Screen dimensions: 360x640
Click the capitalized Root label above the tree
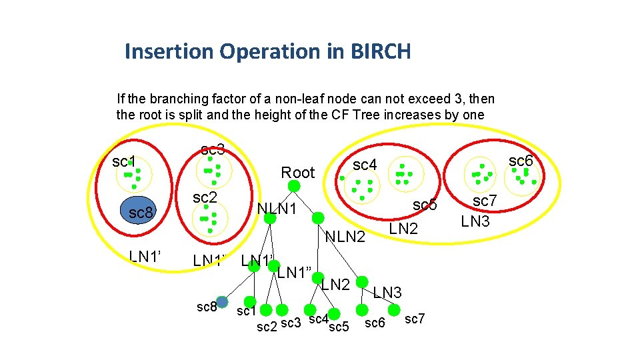point(297,173)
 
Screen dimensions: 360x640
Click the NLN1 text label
point(277,209)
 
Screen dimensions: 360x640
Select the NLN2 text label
point(345,236)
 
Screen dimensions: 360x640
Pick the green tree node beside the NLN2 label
point(318,218)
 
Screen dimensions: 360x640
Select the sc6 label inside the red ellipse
point(521,161)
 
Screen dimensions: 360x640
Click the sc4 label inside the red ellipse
point(365,164)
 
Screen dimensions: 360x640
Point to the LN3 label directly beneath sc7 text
point(475,221)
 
